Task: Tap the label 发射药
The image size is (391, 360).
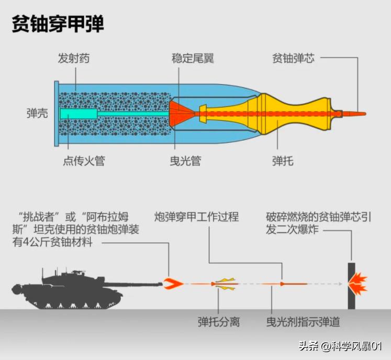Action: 73,58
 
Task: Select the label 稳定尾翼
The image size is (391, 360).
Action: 193,58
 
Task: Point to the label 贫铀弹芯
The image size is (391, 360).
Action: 293,58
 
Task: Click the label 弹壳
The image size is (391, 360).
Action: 37,113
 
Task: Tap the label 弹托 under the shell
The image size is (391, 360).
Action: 283,161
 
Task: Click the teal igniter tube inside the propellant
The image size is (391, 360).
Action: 79,114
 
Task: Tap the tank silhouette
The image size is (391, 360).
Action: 79,288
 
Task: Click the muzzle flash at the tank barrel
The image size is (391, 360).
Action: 173,284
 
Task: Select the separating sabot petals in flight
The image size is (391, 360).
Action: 225,284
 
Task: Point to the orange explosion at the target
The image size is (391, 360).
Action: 358,285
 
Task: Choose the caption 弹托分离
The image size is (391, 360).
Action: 218,320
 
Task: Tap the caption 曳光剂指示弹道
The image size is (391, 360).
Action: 303,320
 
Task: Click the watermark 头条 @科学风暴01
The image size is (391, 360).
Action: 340,346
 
